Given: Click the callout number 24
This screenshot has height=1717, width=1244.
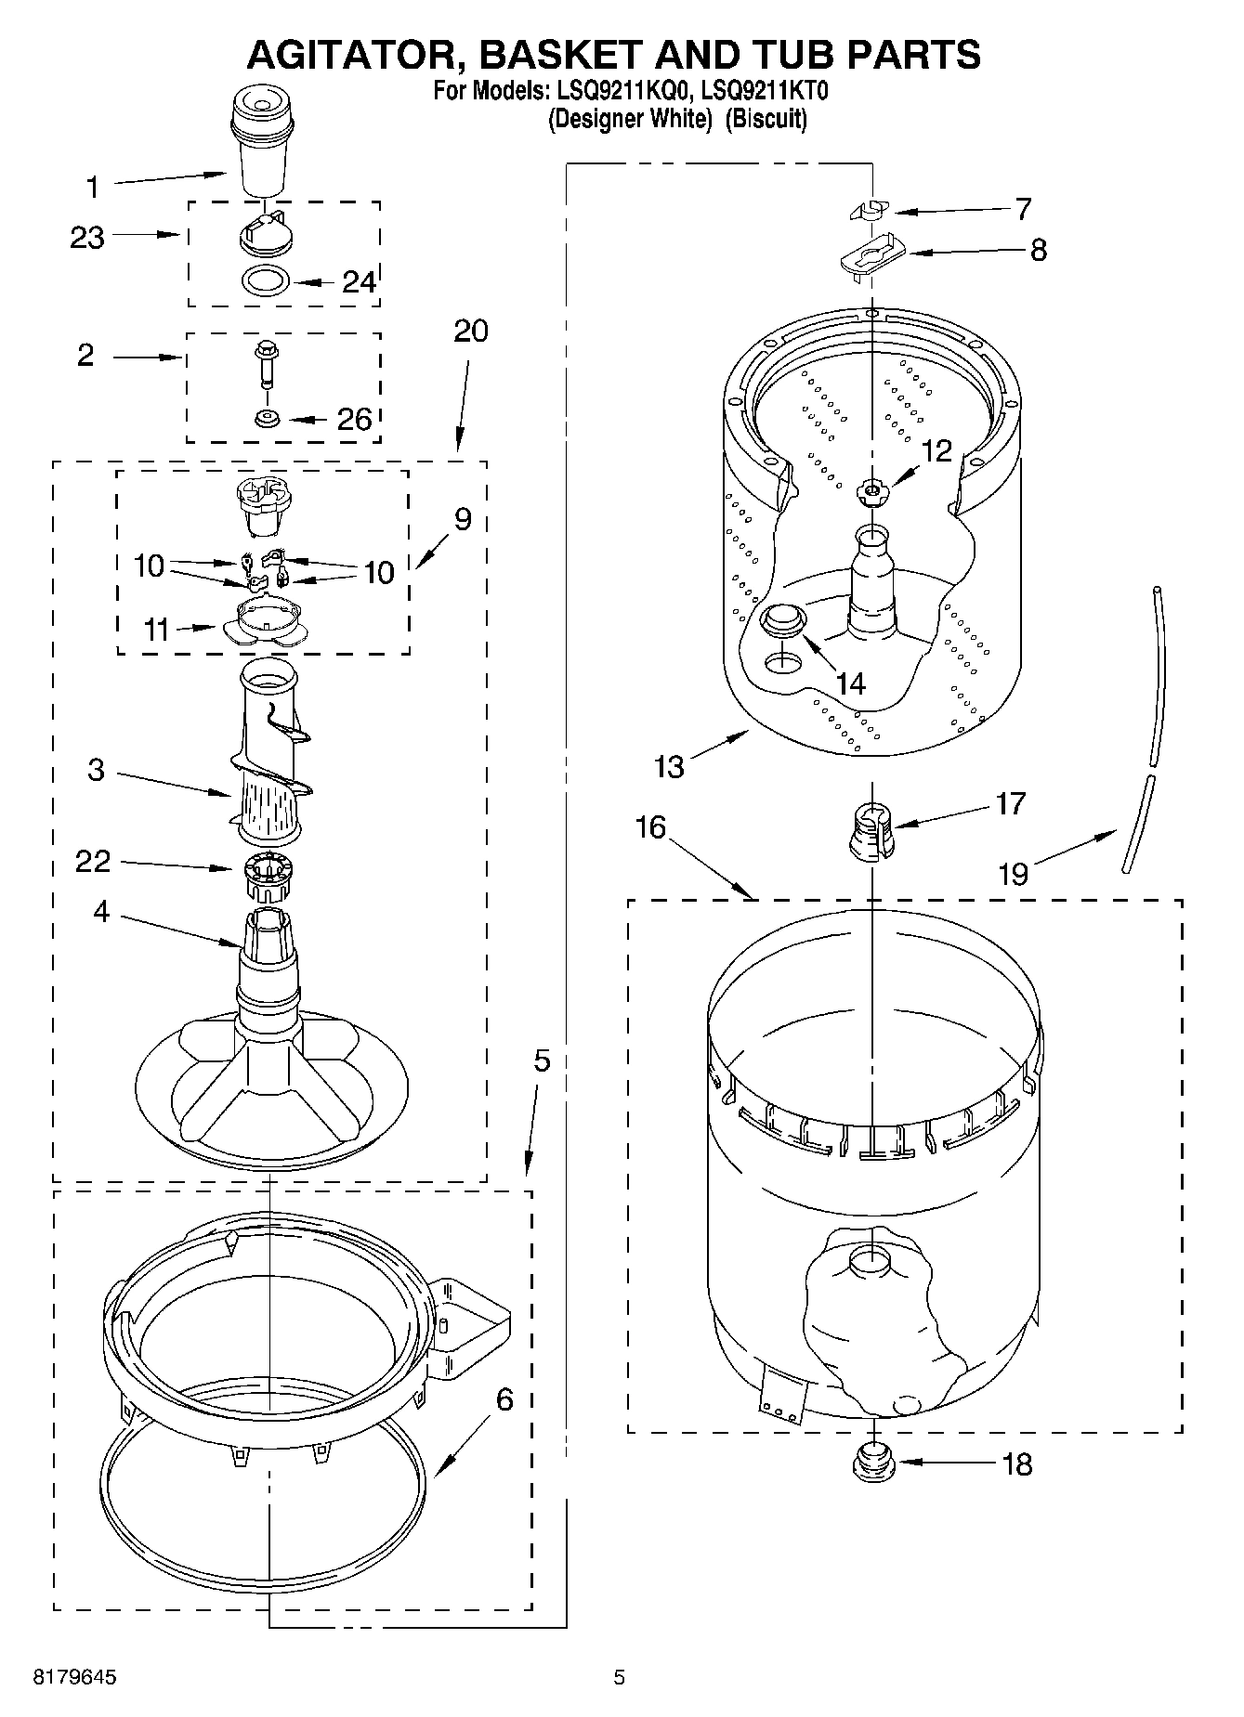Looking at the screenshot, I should tap(360, 282).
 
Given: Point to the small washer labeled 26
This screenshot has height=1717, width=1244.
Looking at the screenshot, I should tap(268, 418).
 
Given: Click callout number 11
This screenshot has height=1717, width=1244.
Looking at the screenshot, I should tap(156, 631).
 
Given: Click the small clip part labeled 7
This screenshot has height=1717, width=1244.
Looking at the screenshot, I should tap(870, 211).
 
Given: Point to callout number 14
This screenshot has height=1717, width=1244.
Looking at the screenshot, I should tap(850, 683).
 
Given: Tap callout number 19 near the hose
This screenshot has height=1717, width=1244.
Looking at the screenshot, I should tap(1014, 874).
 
